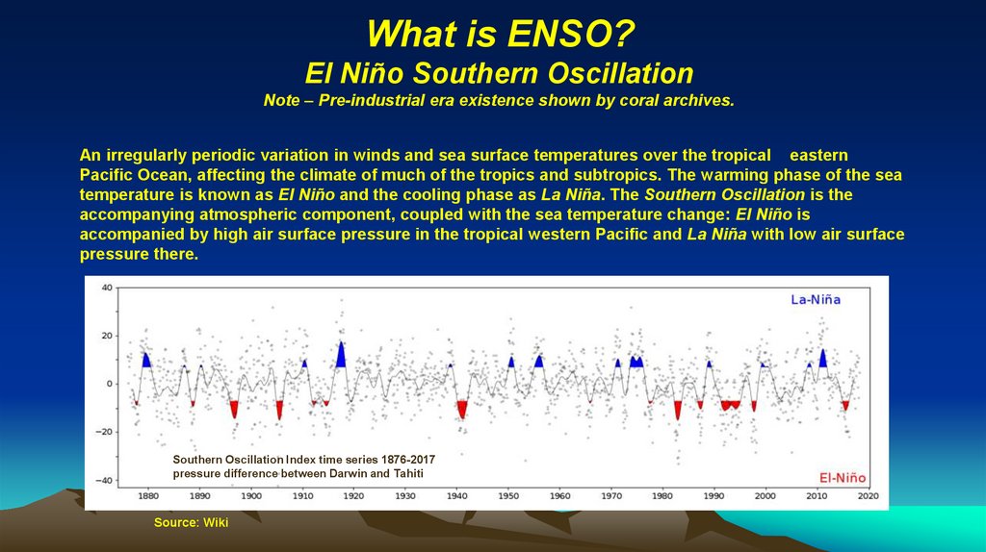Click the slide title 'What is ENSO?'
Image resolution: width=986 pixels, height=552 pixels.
(x=499, y=37)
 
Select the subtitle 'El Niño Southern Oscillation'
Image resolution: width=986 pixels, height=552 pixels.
(x=499, y=73)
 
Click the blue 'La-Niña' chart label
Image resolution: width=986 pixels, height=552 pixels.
(x=816, y=299)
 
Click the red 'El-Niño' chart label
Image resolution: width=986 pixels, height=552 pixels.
(x=842, y=478)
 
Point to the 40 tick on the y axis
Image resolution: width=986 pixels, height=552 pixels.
(x=107, y=288)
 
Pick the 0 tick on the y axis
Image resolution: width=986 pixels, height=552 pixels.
(x=110, y=384)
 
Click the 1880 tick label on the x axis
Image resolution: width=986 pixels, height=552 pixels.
(x=148, y=497)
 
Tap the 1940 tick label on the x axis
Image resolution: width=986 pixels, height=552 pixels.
(x=456, y=497)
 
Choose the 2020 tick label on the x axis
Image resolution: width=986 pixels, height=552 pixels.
(x=868, y=497)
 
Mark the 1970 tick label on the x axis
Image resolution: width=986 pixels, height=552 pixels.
(x=610, y=497)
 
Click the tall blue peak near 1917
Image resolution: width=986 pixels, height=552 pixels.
(x=341, y=355)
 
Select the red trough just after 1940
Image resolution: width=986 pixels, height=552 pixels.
(x=462, y=410)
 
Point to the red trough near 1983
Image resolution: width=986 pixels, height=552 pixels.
(x=678, y=410)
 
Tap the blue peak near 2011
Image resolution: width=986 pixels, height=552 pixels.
(x=823, y=358)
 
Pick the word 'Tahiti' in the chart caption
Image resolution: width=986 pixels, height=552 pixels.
(x=405, y=474)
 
